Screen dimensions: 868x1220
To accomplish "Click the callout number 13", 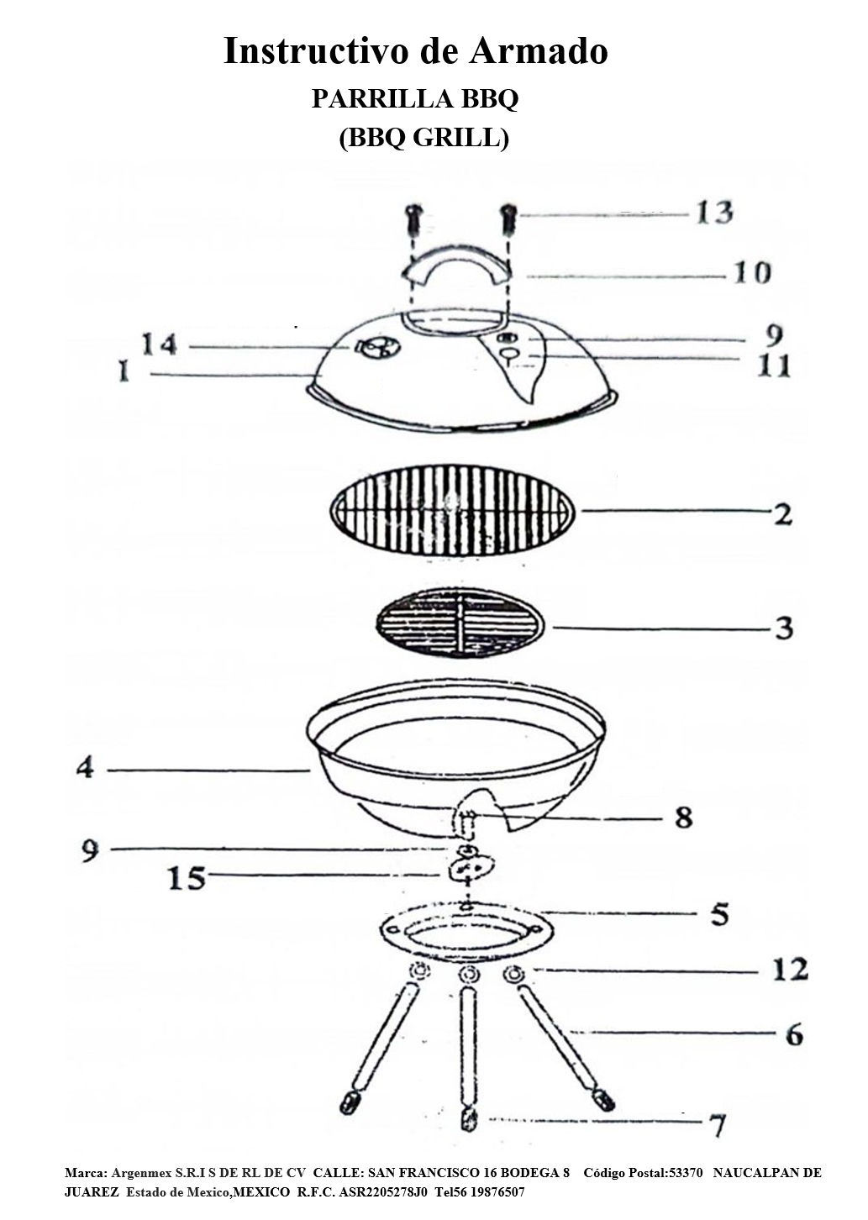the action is [715, 213].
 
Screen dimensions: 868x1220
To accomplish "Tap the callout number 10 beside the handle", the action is [753, 272].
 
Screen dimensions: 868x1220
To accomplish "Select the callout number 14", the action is [160, 344].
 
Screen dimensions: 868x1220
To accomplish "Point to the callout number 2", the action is [783, 513].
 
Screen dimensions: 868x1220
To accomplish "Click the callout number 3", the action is [784, 628].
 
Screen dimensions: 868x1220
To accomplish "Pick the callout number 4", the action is [85, 769].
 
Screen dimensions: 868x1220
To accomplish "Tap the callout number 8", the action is [683, 817].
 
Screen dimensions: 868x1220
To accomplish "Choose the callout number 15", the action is [187, 877].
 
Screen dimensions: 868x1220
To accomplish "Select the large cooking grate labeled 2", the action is [453, 511].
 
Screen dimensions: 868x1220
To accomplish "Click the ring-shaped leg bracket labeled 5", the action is [466, 928].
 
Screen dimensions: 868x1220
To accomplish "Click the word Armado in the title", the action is [539, 51].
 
